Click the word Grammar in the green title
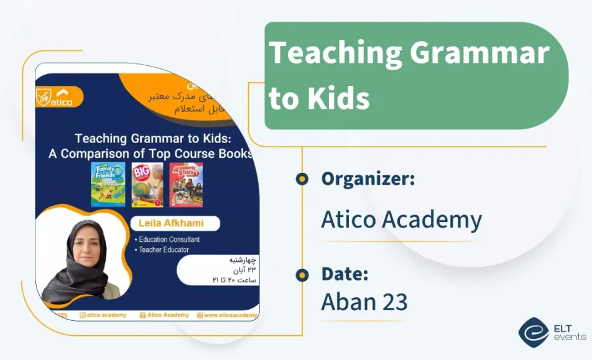click(479, 54)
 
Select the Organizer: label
click(368, 179)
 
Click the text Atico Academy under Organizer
click(401, 219)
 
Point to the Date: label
click(345, 274)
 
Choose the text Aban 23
click(364, 302)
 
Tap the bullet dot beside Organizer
click(302, 180)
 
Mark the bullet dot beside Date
click(302, 274)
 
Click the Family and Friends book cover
click(108, 185)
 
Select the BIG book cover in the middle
click(147, 185)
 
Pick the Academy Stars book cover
click(186, 185)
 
